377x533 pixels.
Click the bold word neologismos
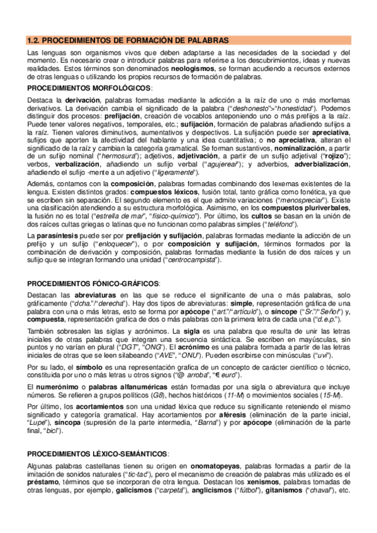click(192, 67)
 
